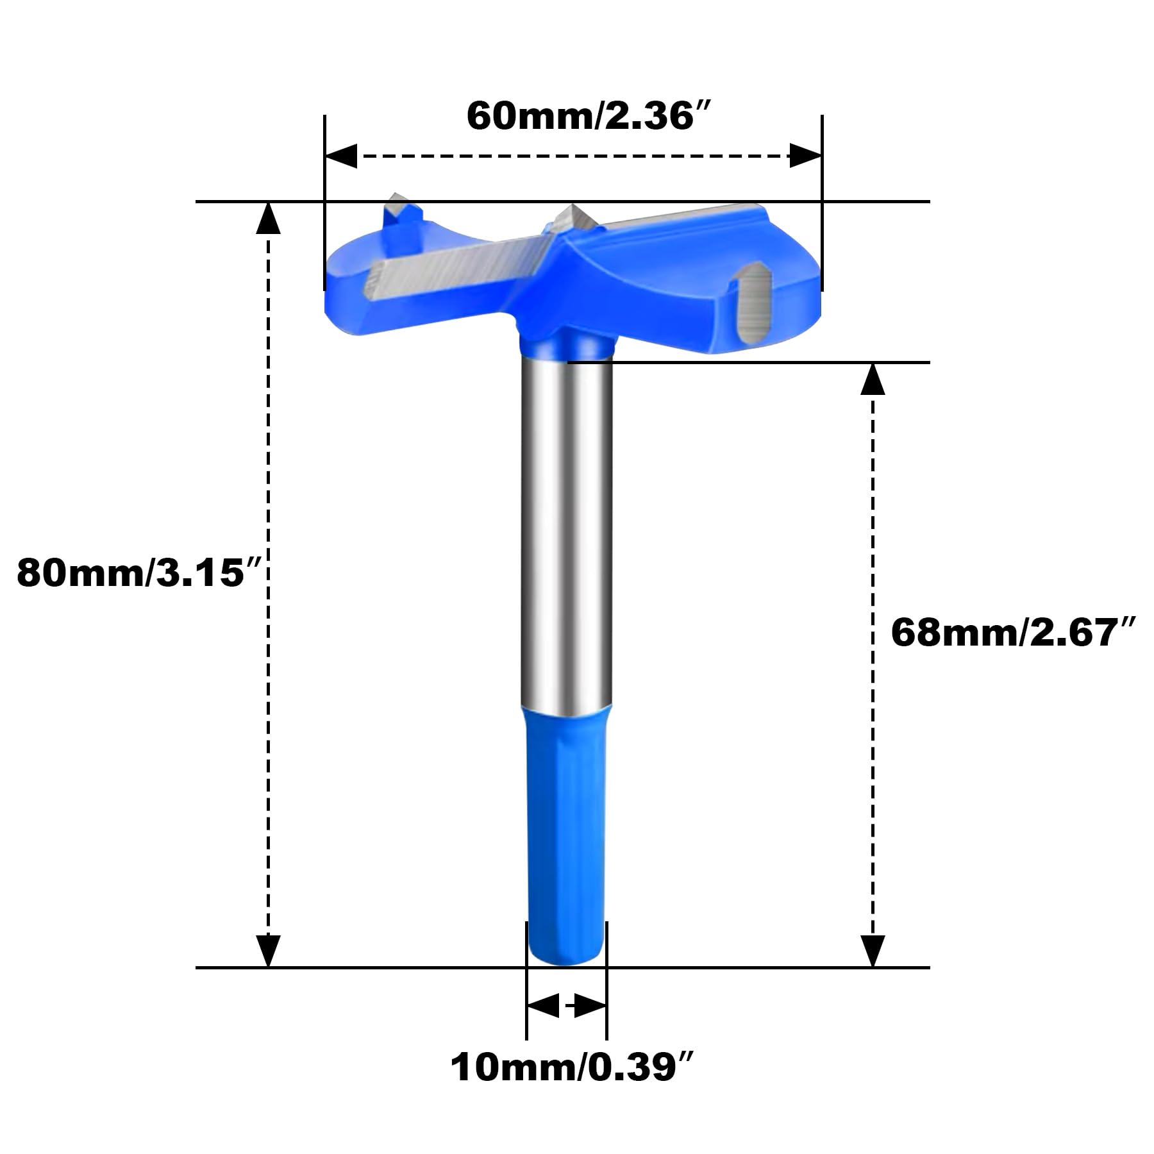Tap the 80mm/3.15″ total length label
pyautogui.click(x=131, y=573)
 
